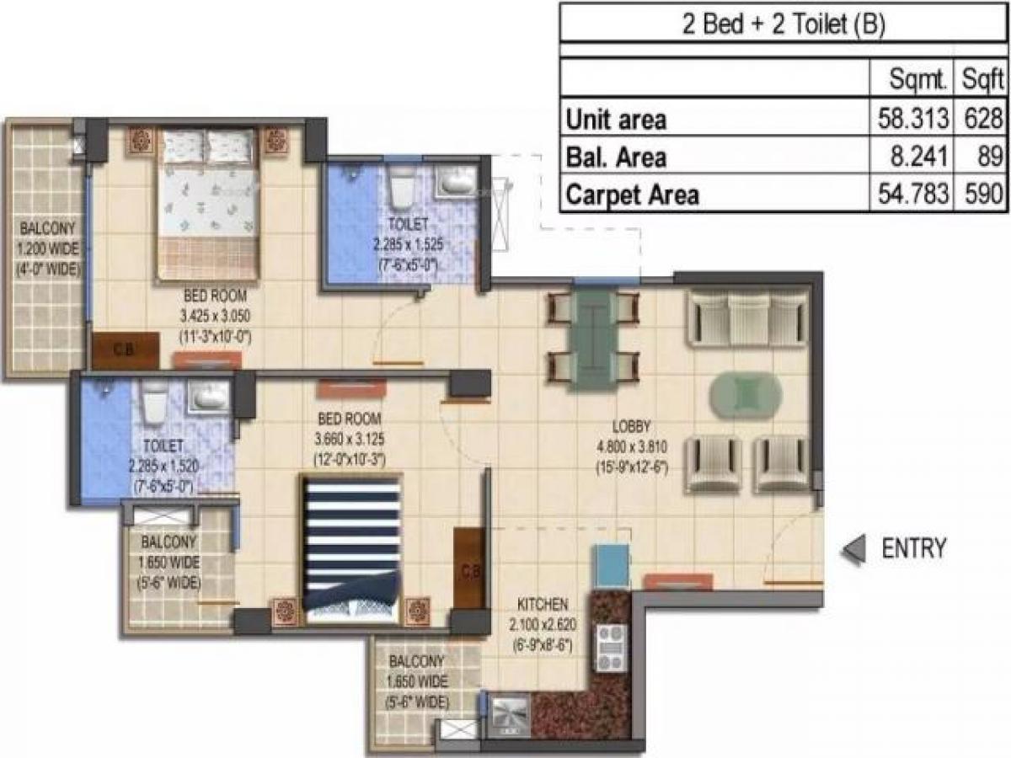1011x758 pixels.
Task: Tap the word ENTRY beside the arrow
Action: pyautogui.click(x=913, y=549)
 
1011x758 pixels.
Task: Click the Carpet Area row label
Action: pyautogui.click(x=632, y=195)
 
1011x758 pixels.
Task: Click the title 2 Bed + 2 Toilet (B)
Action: pyautogui.click(x=783, y=26)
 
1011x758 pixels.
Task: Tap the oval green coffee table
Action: pyautogui.click(x=745, y=394)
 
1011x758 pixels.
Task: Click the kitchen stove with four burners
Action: pyautogui.click(x=608, y=646)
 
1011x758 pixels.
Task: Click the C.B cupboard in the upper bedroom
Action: pyautogui.click(x=125, y=351)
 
